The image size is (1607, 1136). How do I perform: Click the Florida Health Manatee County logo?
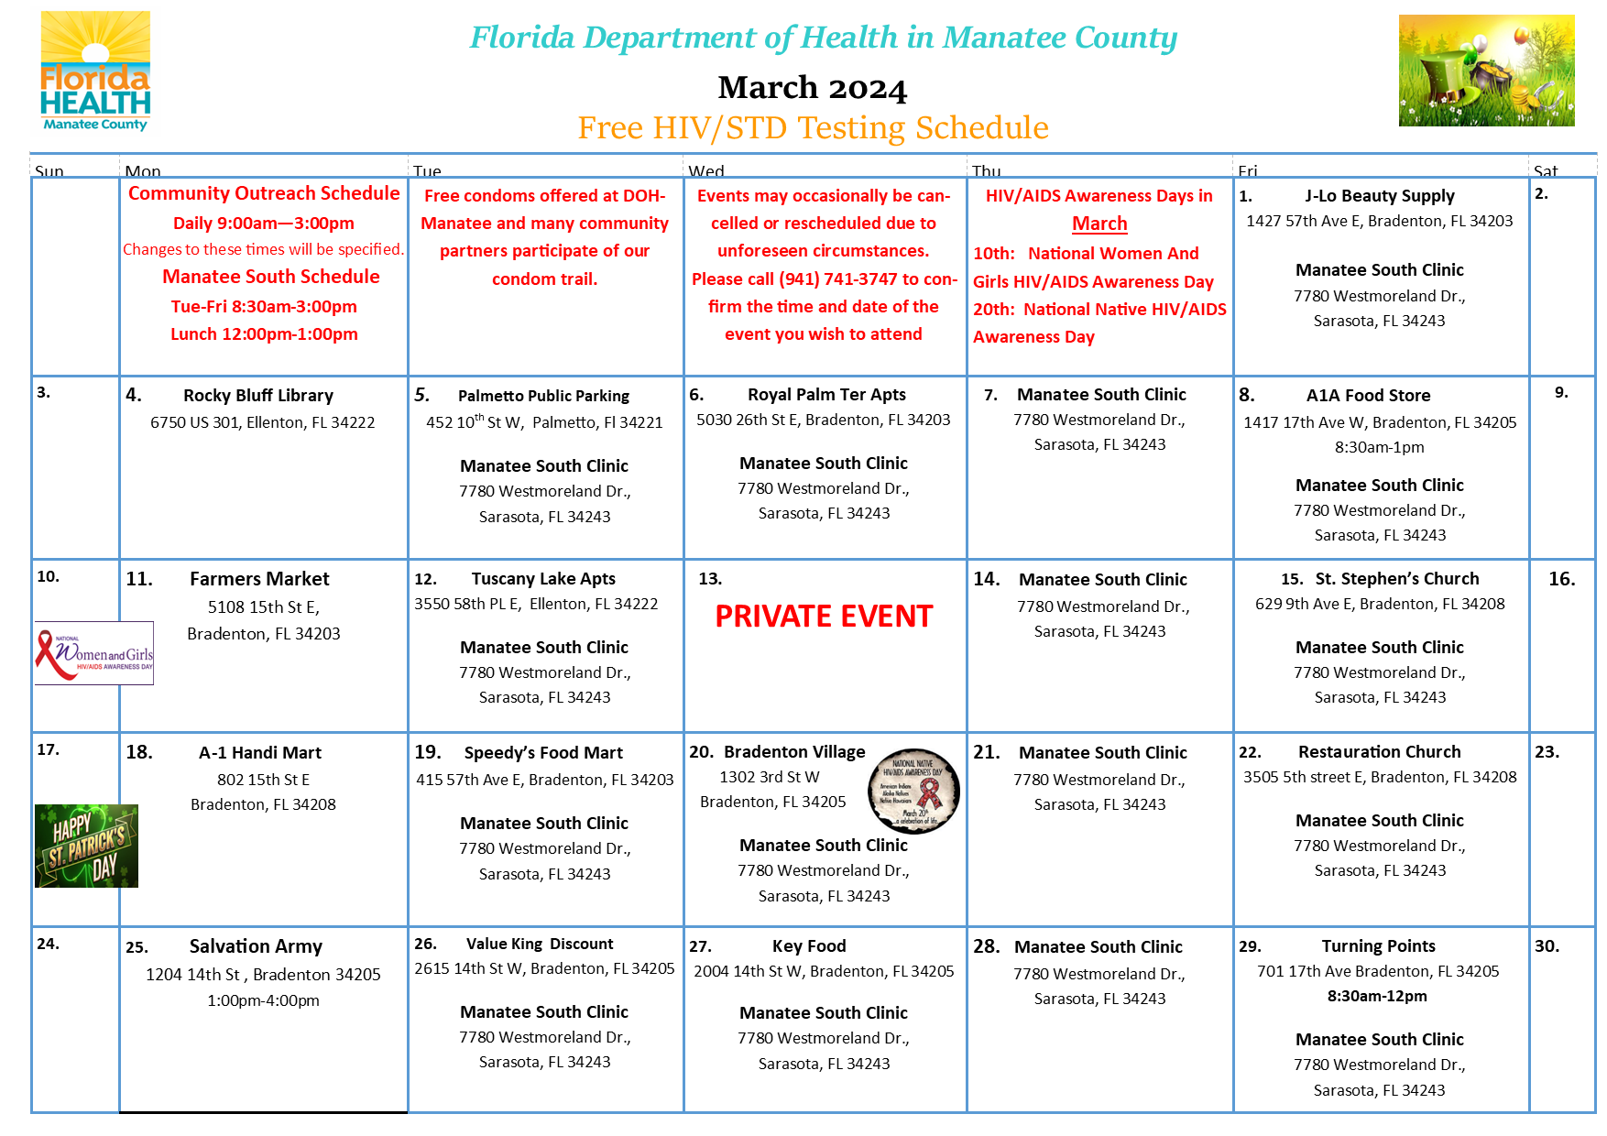pos(95,71)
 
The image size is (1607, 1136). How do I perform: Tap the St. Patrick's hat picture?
pos(1485,71)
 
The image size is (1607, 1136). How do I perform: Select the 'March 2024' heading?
pos(812,88)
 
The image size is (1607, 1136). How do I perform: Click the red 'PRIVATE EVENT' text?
pos(824,617)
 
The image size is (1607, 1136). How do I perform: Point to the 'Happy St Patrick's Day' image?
pos(86,846)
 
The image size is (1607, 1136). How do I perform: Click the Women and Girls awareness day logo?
pos(94,653)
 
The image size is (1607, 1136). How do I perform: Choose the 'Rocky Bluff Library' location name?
pos(258,396)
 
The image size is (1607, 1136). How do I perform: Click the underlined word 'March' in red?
pos(1099,224)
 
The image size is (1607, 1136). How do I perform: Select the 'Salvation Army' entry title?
pos(256,946)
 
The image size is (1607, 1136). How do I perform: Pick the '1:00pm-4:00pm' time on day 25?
pos(263,1000)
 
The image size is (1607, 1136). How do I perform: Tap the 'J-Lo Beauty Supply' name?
pos(1379,196)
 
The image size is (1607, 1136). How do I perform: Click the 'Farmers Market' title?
pos(259,579)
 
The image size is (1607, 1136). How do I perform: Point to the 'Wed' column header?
pos(706,171)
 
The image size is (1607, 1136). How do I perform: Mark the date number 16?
pos(1561,579)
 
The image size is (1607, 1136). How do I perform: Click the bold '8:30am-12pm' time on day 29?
pos(1377,996)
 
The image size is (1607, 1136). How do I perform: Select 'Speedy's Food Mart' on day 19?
pos(543,753)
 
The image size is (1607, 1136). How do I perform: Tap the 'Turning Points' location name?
pos(1378,946)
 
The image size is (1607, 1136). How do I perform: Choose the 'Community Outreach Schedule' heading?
pos(264,193)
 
